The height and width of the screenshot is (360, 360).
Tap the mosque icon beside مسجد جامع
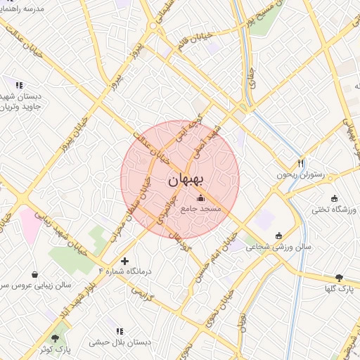tap(201, 198)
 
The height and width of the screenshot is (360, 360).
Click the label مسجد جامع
tap(200, 209)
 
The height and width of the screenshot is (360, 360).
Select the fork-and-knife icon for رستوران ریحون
tap(301, 162)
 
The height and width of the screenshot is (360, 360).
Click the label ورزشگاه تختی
tap(334, 210)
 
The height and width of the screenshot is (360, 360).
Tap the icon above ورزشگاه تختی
tap(334, 198)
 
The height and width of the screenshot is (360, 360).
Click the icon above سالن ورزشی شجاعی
tap(279, 235)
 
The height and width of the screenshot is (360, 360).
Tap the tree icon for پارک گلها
tap(340, 278)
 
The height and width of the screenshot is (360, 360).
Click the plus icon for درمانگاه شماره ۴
tap(125, 261)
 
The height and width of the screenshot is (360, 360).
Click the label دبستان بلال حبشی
tap(119, 342)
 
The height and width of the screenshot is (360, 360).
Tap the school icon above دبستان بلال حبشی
tap(119, 330)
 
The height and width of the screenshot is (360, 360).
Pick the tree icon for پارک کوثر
tap(55, 338)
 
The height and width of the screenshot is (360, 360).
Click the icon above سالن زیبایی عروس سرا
tap(35, 274)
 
